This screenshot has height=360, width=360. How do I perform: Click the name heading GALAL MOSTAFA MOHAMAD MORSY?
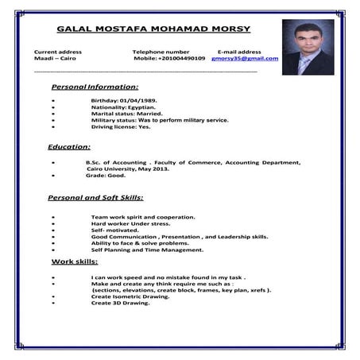(x=153, y=29)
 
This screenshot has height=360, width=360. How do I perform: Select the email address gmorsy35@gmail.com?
(x=245, y=59)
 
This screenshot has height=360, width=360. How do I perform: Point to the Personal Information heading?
(x=95, y=87)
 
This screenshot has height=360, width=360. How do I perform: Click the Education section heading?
(x=69, y=147)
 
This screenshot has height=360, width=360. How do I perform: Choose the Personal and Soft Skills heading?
(x=95, y=197)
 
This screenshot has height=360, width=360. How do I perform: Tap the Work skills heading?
(x=75, y=261)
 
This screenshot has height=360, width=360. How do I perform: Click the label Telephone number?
(x=161, y=52)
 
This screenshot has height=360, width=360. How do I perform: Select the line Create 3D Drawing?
(x=121, y=303)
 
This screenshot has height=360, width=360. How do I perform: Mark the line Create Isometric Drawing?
(x=130, y=296)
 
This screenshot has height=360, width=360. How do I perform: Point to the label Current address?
(x=58, y=52)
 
